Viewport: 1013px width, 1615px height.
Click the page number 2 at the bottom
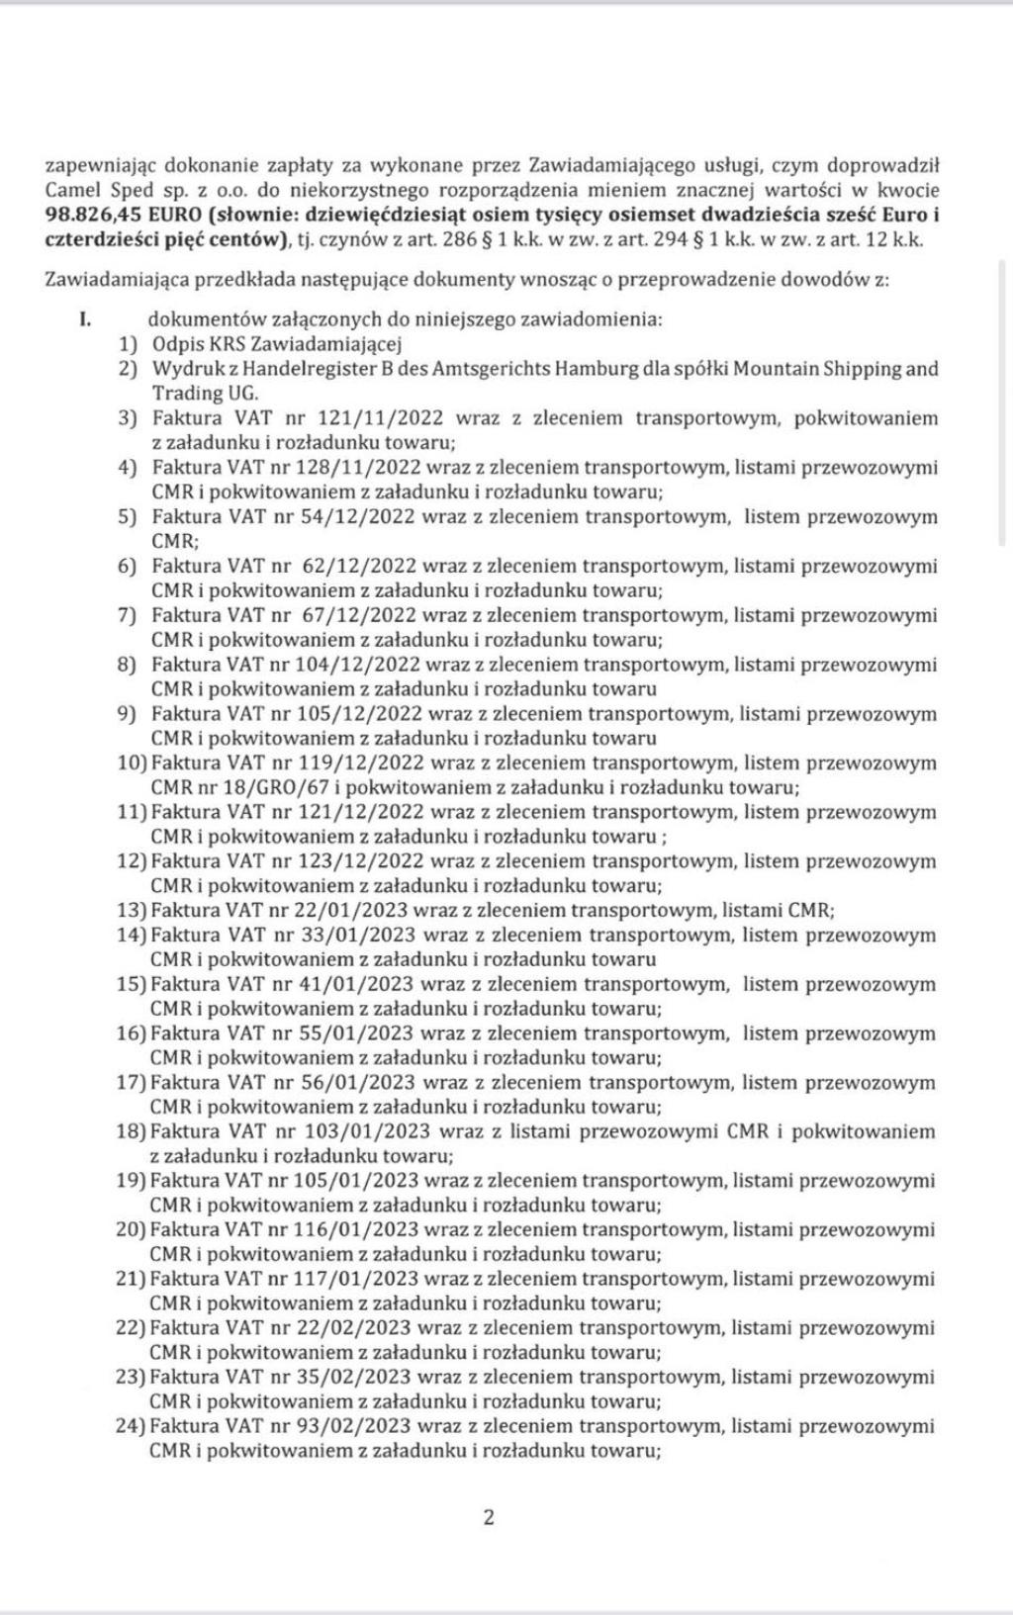[489, 1517]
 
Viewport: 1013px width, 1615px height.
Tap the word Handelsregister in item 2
[297, 369]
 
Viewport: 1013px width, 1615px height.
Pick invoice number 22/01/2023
[351, 910]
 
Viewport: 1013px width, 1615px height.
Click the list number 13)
[132, 910]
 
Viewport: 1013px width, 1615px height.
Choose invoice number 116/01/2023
[357, 1229]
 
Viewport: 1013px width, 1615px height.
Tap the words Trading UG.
[191, 393]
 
